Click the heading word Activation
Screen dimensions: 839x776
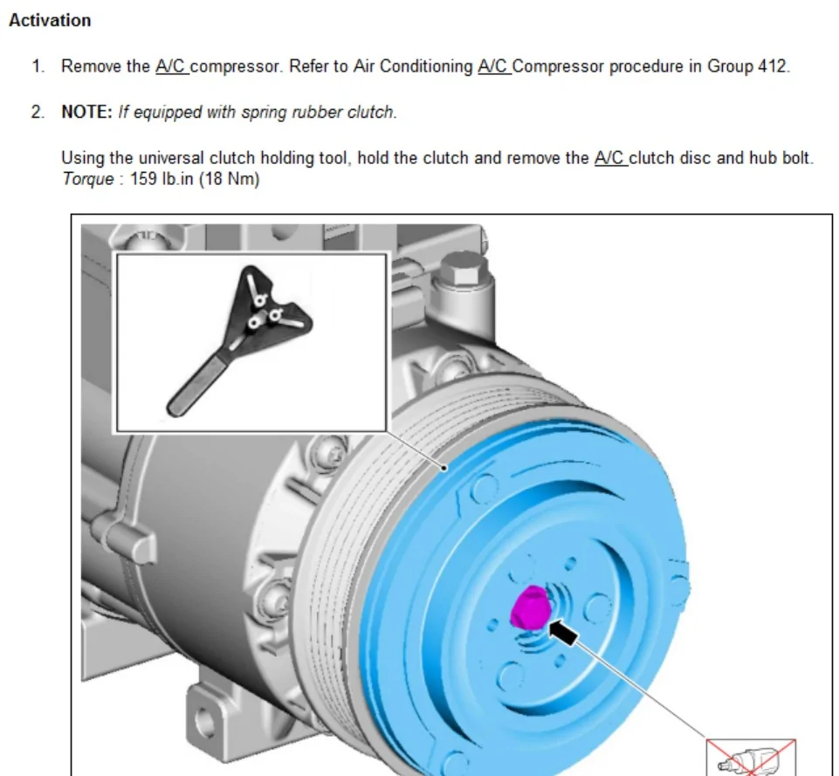(50, 20)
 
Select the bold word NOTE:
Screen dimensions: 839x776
(86, 113)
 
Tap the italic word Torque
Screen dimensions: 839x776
(88, 179)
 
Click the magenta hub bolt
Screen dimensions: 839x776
(530, 607)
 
